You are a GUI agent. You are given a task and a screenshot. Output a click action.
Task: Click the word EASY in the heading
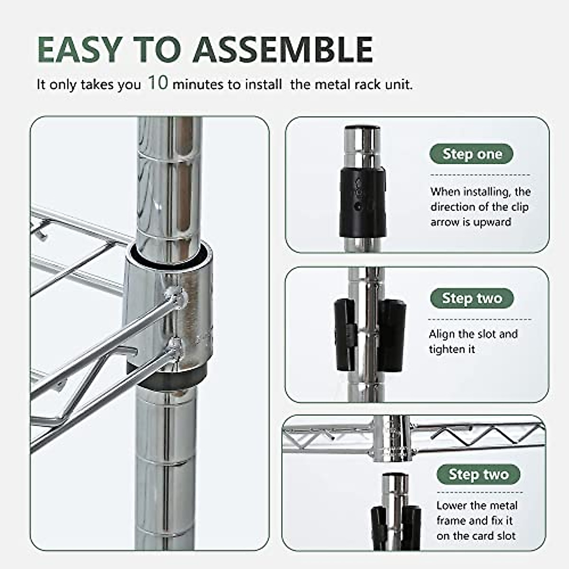click(x=79, y=49)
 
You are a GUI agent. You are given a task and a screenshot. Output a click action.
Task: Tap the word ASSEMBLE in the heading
click(x=283, y=49)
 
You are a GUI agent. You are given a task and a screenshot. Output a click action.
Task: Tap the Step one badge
click(x=471, y=154)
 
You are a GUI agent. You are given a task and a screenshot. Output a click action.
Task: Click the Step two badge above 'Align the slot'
click(x=471, y=298)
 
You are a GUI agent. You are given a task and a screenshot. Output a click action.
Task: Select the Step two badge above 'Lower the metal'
click(x=478, y=474)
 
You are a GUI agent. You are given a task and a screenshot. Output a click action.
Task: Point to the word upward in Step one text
click(x=492, y=222)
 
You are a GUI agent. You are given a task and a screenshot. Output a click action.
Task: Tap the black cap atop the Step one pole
click(x=362, y=128)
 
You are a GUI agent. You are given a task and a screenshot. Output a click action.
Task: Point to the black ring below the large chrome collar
click(x=166, y=377)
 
